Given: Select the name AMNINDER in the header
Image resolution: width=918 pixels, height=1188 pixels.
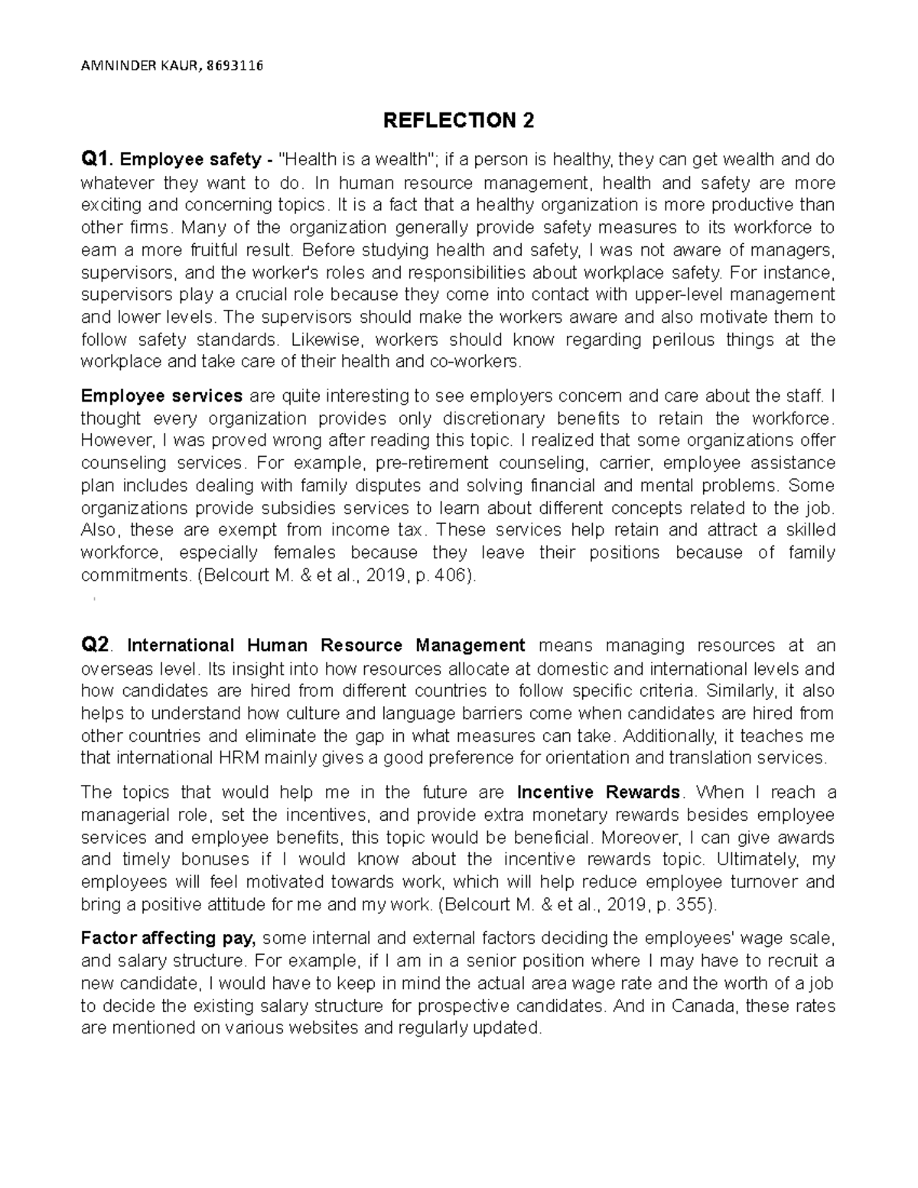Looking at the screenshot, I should tap(112, 65).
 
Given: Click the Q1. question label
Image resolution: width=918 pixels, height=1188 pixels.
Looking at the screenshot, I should tap(98, 160).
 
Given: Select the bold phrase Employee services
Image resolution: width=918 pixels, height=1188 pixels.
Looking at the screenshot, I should tap(161, 395).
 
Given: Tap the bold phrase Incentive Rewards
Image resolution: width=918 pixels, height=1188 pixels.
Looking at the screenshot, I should tap(598, 792).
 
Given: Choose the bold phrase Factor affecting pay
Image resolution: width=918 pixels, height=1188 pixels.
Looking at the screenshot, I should tap(171, 938).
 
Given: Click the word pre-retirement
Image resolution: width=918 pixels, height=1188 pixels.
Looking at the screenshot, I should tap(435, 463).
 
